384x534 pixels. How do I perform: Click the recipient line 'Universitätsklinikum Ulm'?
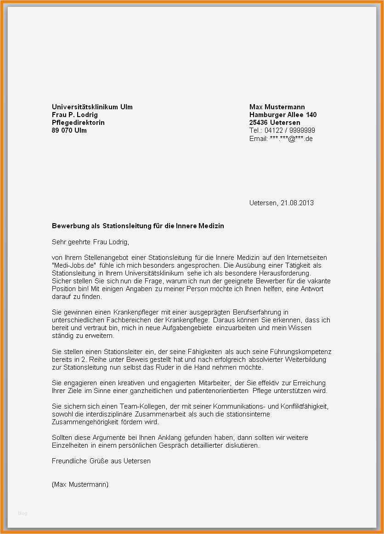pyautogui.click(x=92, y=107)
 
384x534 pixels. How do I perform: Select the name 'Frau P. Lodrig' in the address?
pyautogui.click(x=75, y=115)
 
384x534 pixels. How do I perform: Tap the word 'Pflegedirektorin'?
pyautogui.click(x=78, y=123)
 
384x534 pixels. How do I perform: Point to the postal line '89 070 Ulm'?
pyautogui.click(x=69, y=130)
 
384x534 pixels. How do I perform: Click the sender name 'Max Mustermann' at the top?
pyautogui.click(x=277, y=107)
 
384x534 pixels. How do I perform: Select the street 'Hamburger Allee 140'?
pyautogui.click(x=283, y=115)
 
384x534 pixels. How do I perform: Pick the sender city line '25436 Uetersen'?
pyautogui.click(x=275, y=123)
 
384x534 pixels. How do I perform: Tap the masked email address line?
pyautogui.click(x=281, y=138)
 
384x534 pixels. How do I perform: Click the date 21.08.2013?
pyautogui.click(x=297, y=202)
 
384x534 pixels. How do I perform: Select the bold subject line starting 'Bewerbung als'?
pyautogui.click(x=138, y=226)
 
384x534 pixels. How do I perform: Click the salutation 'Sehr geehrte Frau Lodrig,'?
pyautogui.click(x=90, y=242)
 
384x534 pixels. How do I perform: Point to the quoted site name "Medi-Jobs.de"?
pyautogui.click(x=73, y=265)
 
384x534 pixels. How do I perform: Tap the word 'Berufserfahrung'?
pyautogui.click(x=260, y=312)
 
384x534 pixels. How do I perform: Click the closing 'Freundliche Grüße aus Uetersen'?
pyautogui.click(x=101, y=461)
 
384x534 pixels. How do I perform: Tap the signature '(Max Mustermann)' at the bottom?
pyautogui.click(x=80, y=484)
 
